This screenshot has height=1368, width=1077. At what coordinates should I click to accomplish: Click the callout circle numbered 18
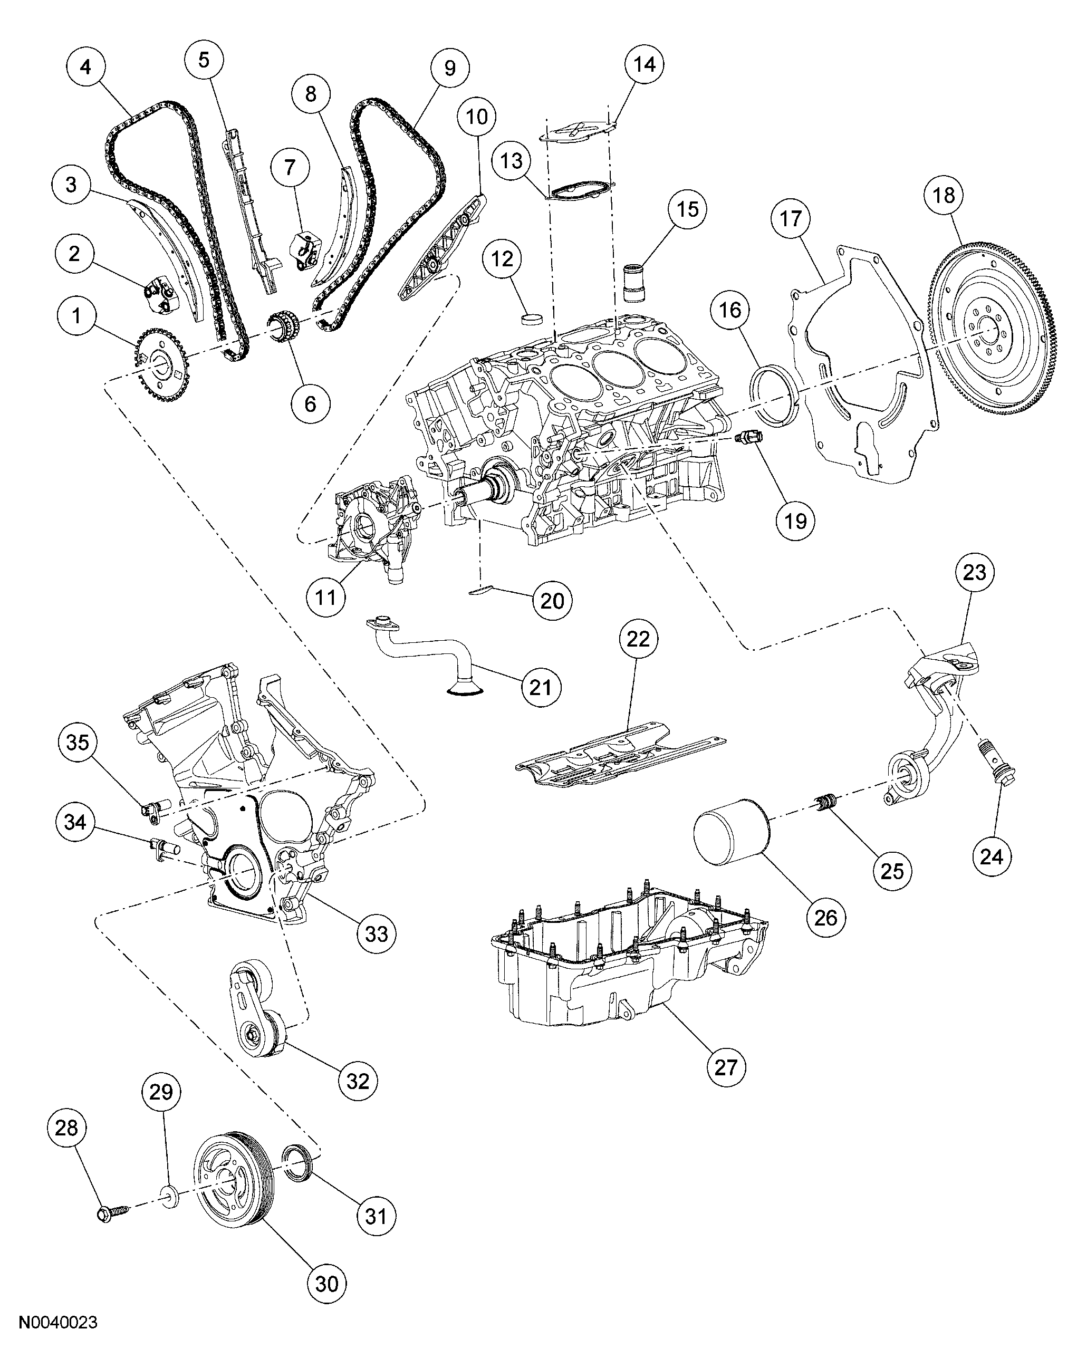pos(944,196)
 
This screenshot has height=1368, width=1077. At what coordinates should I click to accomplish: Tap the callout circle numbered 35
pos(78,742)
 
